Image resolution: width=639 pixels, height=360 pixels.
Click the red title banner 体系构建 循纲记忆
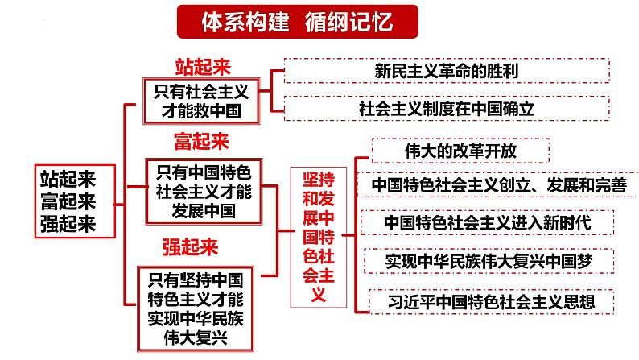coord(297,21)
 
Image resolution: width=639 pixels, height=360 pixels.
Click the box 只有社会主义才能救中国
coord(197,101)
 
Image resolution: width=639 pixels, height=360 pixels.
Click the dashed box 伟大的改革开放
coord(460,150)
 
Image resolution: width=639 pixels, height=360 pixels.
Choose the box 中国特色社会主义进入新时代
coord(487,222)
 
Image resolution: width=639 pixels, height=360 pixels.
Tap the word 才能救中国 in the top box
coord(197,110)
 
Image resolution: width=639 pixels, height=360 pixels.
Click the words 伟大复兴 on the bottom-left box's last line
coord(197,337)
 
